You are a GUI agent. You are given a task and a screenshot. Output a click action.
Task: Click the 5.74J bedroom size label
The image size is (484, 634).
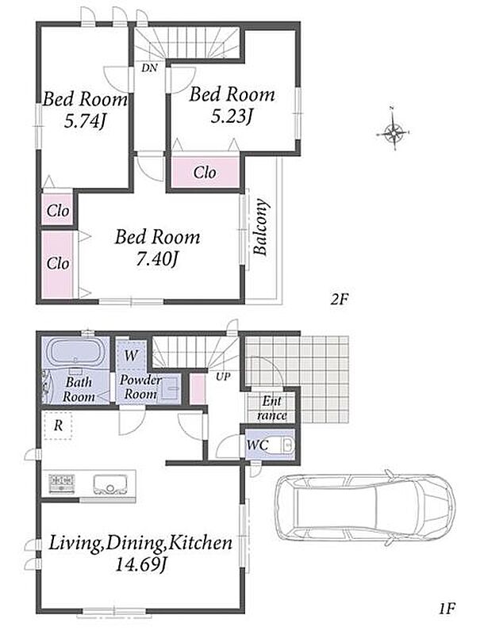click(x=85, y=120)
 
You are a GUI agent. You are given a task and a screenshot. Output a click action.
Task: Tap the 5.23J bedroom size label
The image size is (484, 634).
click(x=232, y=116)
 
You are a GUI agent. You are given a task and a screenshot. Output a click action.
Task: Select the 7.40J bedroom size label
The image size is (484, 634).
click(x=156, y=259)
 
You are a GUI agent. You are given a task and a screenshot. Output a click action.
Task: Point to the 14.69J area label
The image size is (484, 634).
click(x=140, y=564)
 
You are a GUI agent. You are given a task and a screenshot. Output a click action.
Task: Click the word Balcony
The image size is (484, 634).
click(x=261, y=227)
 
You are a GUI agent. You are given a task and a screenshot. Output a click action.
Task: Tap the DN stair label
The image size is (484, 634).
click(x=149, y=68)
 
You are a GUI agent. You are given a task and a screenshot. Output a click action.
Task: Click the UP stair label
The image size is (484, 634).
click(x=223, y=377)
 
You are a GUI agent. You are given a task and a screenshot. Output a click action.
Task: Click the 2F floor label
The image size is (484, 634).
click(x=339, y=300)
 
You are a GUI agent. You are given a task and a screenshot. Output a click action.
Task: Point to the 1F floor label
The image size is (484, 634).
click(x=448, y=608)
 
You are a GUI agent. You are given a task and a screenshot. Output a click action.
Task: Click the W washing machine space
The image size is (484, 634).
click(x=131, y=355)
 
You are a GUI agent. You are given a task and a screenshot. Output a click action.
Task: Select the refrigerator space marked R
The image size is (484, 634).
click(x=59, y=426)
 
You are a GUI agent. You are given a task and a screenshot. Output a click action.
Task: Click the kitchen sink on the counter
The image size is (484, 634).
click(x=109, y=483)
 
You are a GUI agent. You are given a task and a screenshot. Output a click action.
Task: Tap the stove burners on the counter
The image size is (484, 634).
click(x=62, y=483)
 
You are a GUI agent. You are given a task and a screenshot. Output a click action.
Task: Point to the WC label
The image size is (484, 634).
click(x=257, y=445)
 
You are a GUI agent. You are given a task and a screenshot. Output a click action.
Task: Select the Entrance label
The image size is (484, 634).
click(x=272, y=408)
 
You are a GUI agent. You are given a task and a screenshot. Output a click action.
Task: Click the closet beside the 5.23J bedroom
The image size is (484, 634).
click(x=205, y=173)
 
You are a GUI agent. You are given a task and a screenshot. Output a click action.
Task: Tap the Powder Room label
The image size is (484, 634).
click(x=140, y=387)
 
